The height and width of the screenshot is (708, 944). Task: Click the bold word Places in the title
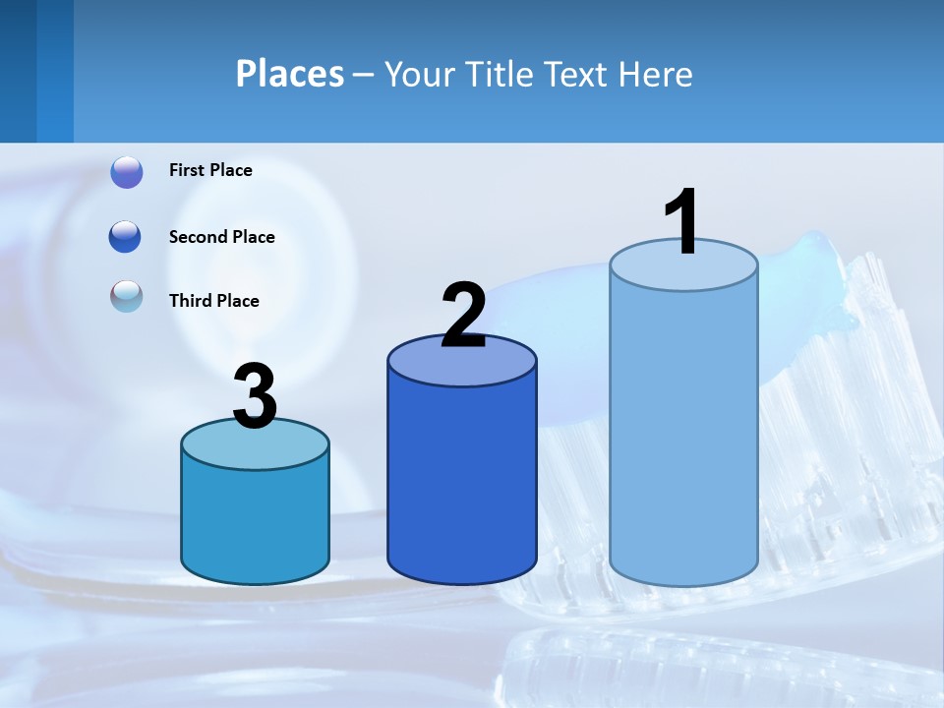tap(289, 74)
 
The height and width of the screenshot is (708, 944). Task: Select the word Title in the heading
tap(498, 74)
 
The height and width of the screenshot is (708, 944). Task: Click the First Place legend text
tap(210, 170)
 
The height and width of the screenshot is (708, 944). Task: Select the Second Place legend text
tap(221, 237)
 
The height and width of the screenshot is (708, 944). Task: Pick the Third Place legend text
tap(213, 301)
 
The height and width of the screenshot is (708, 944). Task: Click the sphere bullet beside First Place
tap(127, 172)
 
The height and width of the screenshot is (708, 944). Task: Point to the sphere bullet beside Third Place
tap(127, 296)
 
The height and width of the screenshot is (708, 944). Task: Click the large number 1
tap(682, 222)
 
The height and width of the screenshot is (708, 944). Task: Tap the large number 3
tap(255, 397)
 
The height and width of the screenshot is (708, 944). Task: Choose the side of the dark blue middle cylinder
tap(462, 482)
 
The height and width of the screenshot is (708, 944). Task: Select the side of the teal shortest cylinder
tap(255, 521)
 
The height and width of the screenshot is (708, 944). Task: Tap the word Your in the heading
tap(420, 74)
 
